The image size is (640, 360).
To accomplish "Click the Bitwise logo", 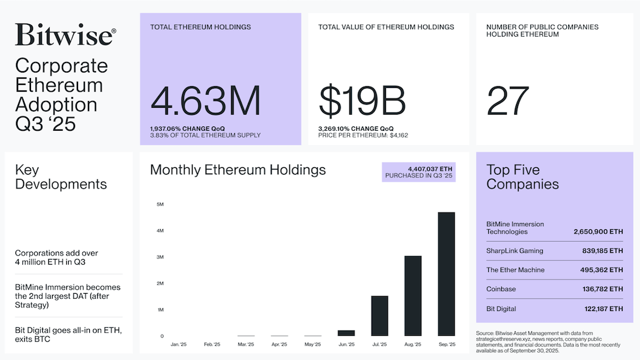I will point(65,35).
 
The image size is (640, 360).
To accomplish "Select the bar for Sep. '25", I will point(446,274).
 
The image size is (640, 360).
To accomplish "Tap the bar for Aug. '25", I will point(413,296).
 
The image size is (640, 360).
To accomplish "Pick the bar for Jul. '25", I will point(379,316).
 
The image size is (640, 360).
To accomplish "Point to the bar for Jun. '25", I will point(346,333).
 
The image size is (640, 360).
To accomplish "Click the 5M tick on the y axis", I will point(160,204).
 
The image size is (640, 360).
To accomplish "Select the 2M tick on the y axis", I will point(160,283).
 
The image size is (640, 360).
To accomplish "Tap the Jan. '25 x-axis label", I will point(178,344).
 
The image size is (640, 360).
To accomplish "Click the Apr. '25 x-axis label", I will point(279,344).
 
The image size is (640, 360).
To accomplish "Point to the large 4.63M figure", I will point(205,101).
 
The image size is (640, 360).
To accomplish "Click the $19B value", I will point(362,101).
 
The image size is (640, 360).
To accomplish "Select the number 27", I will point(508,101).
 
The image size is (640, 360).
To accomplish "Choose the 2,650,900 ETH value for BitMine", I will point(599,232).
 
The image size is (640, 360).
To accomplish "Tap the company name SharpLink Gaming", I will point(515,251).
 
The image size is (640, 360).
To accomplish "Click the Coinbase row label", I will point(501,289).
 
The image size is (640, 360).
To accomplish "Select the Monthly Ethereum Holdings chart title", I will point(237,170).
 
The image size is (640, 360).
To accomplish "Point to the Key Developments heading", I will point(61,177).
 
